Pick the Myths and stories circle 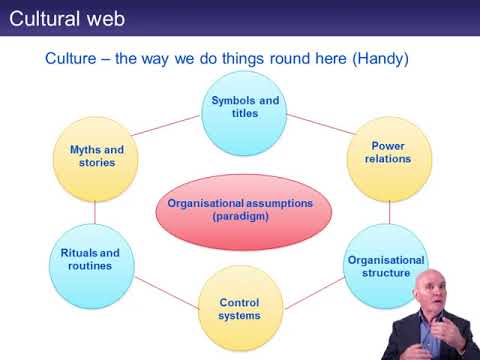coord(96,157)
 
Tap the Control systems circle coord(239,309)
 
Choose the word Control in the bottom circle coord(240,302)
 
